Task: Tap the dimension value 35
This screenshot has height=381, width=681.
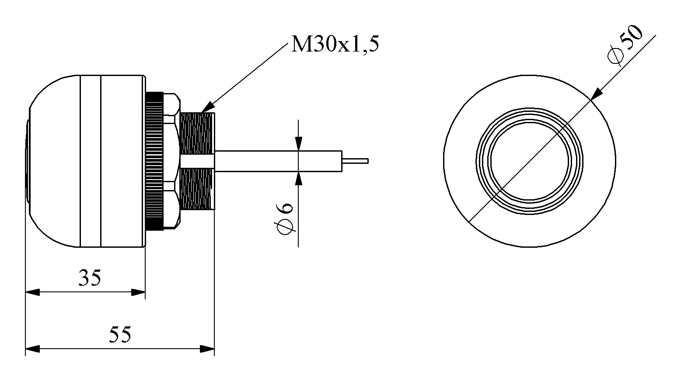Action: (x=90, y=277)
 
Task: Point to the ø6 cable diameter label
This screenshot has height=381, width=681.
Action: (x=285, y=218)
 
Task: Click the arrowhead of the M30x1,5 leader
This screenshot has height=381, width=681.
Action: (x=207, y=107)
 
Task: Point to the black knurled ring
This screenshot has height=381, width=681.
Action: (x=154, y=161)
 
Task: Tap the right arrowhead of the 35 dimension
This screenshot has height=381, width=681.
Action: (x=139, y=292)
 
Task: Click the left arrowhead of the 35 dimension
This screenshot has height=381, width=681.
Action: (x=31, y=292)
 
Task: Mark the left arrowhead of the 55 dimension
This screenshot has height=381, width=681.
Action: (x=31, y=349)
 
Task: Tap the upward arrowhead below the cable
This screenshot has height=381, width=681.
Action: (x=298, y=178)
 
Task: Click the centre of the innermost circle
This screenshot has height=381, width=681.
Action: (x=529, y=161)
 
